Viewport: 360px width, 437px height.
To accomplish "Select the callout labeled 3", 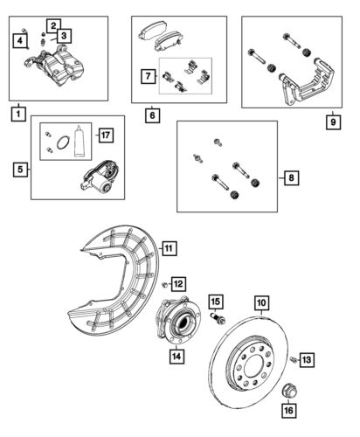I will [x=65, y=35].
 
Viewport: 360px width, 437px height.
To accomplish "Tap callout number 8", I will [x=291, y=178].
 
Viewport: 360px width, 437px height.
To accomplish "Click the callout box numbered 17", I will [x=104, y=135].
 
